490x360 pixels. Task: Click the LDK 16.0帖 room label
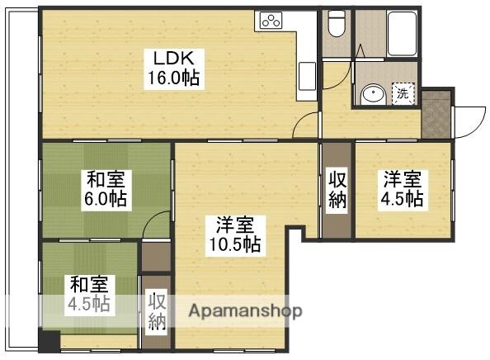coord(172,68)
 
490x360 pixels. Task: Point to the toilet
coord(336,26)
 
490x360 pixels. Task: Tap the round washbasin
coord(373,94)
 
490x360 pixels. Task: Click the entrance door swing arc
coord(466,122)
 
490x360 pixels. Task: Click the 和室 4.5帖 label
coord(89,294)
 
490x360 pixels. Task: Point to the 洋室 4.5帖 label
coord(403,188)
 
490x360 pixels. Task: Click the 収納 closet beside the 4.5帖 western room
coord(337,190)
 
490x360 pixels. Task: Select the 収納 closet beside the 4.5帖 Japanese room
coord(157,311)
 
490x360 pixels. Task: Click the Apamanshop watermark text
coord(246,311)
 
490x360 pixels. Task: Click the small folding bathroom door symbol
coord(360,47)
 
